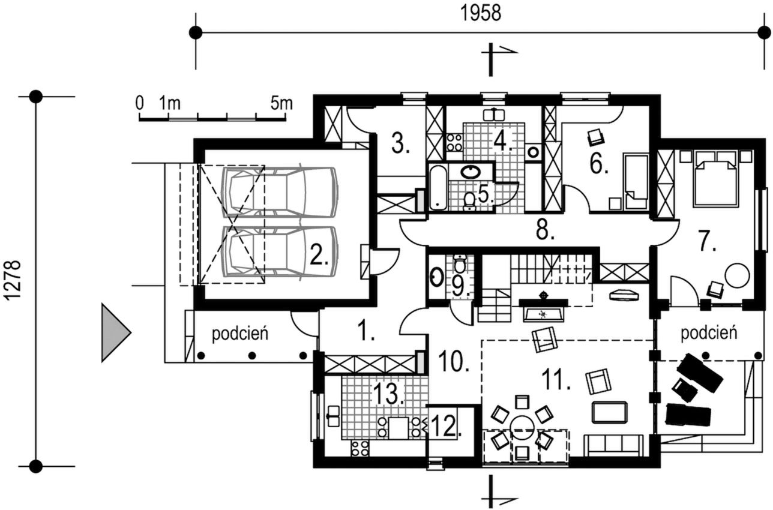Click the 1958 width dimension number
(x=481, y=14)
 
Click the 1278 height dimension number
(x=14, y=281)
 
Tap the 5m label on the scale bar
(x=281, y=103)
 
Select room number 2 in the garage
(x=319, y=254)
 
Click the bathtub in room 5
(x=439, y=187)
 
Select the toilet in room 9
(x=459, y=263)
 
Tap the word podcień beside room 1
(x=240, y=334)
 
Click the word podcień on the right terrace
(x=709, y=333)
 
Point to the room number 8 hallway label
(x=545, y=230)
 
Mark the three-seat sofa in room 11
(x=613, y=446)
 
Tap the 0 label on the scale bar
(x=139, y=103)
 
